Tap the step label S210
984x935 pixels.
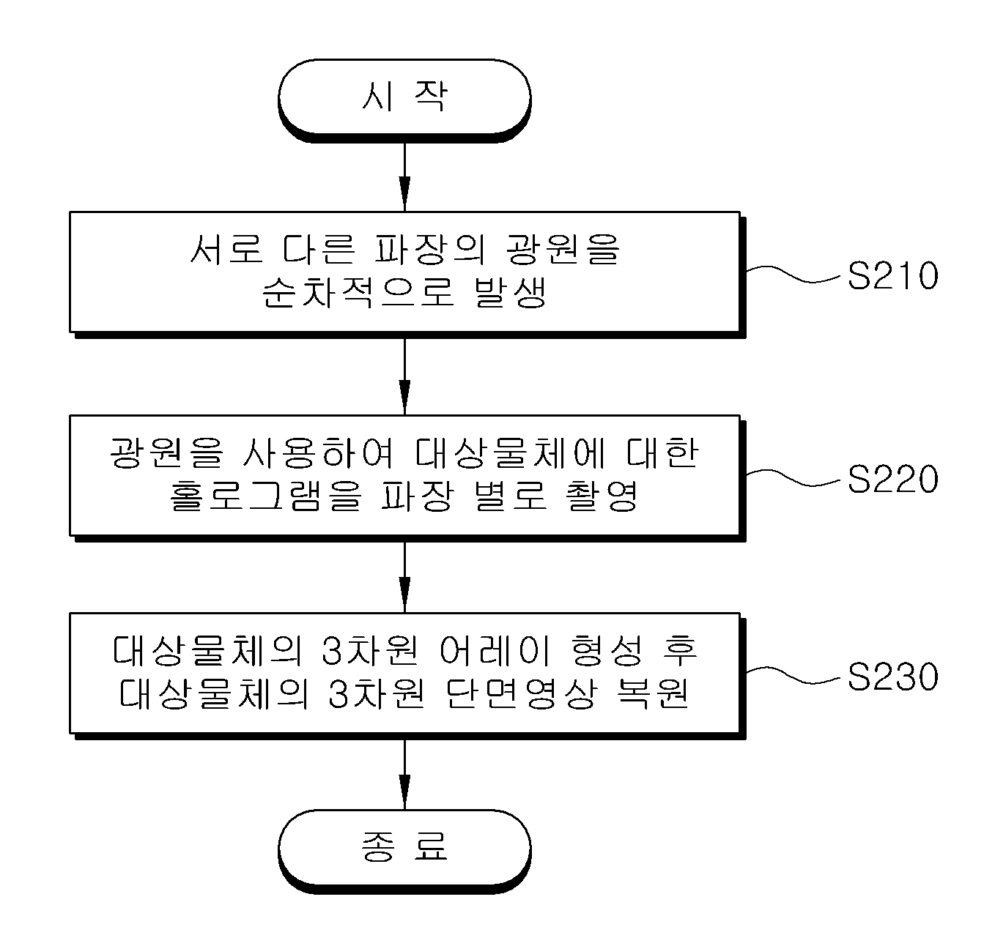[x=893, y=275]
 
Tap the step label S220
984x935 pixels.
[x=893, y=479]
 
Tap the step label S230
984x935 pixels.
[x=893, y=677]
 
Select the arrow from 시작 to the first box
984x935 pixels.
[x=404, y=177]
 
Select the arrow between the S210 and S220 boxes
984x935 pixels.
[x=404, y=376]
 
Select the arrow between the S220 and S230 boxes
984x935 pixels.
[x=404, y=577]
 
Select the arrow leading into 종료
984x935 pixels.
[x=404, y=775]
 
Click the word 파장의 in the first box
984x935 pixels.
[x=430, y=249]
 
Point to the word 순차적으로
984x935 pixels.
[x=358, y=291]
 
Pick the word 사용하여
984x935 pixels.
[x=318, y=452]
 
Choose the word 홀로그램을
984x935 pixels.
[x=265, y=495]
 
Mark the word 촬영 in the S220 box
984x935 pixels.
[x=601, y=495]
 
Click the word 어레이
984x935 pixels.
[x=495, y=650]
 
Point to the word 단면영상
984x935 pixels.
[x=521, y=693]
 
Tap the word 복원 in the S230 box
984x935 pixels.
[x=653, y=693]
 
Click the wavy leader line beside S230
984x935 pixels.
[x=794, y=675]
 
